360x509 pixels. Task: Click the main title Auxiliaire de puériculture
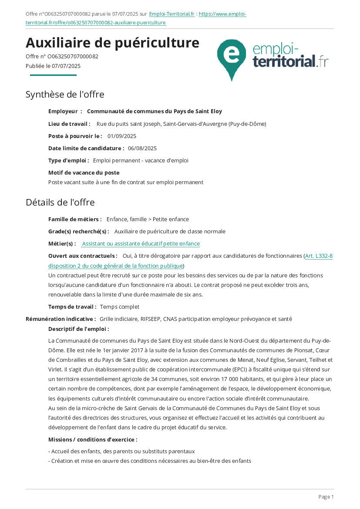[x=112, y=43]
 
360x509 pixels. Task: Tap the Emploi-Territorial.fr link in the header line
[x=172, y=14]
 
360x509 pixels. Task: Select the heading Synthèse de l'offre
[x=65, y=94]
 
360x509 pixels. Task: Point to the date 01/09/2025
[x=122, y=136]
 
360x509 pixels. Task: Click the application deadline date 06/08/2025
[x=142, y=148]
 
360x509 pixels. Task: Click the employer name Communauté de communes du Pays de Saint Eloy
[x=155, y=111]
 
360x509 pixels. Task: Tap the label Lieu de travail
[x=69, y=124]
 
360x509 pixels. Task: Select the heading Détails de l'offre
[x=60, y=202]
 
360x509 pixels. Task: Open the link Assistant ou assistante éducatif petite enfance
[x=141, y=244]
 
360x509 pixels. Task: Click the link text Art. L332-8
[x=319, y=256]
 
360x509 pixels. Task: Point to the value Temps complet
[x=120, y=307]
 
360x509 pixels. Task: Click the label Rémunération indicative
[x=61, y=319]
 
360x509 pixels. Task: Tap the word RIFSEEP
[x=151, y=319]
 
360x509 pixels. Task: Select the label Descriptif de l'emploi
[x=79, y=329]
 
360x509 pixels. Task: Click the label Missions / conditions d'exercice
[x=93, y=440]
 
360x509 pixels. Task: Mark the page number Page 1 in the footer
[x=326, y=497]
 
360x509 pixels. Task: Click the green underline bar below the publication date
[x=53, y=75]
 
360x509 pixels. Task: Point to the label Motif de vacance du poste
[x=84, y=172]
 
